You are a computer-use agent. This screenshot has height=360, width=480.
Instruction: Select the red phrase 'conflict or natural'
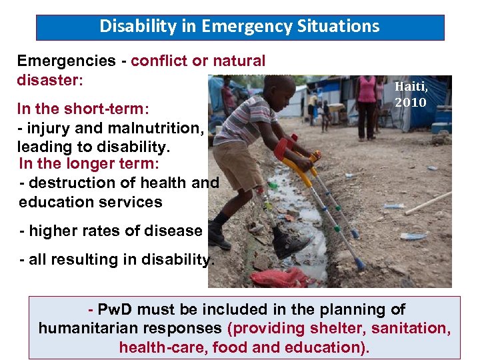tap(198, 61)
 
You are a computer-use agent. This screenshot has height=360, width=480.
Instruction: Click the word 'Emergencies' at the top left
tap(66, 61)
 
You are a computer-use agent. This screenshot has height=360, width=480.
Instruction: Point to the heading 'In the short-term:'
tap(83, 108)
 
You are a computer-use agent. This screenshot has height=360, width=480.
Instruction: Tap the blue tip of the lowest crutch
tap(360, 265)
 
